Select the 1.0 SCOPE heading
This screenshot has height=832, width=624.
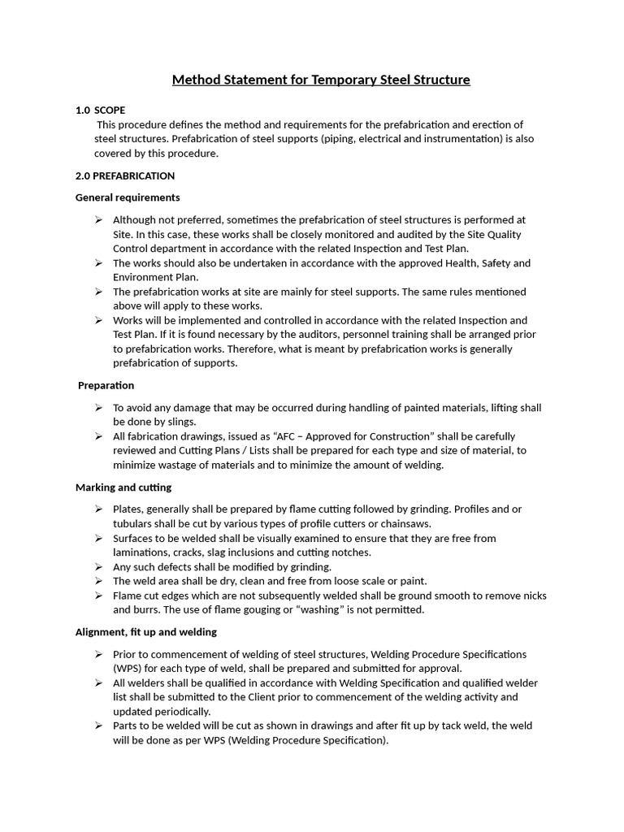100,110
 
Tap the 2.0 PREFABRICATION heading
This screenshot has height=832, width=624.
124,175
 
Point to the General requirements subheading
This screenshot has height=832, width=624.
128,197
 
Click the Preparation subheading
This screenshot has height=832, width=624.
106,385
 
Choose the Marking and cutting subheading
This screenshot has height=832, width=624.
123,487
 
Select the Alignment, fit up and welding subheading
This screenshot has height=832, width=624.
146,631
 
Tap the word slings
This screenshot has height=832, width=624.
180,422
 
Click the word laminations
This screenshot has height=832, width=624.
141,552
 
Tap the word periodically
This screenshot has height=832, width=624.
172,711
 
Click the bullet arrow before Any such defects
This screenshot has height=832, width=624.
98,567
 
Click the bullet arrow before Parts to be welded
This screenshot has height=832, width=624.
98,726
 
